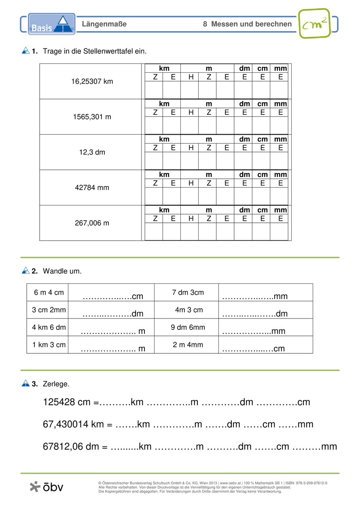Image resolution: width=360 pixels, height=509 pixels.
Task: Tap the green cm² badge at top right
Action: click(314, 23)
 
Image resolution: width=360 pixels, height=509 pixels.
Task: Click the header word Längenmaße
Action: click(104, 24)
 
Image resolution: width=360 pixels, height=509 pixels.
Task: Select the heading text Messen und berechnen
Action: click(251, 24)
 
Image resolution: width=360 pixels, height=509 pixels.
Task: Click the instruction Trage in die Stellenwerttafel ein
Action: click(94, 51)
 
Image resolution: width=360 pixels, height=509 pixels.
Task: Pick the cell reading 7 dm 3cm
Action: click(188, 292)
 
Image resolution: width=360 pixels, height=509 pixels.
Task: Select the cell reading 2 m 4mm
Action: click(188, 345)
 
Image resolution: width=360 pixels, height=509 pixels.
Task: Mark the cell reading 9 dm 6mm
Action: click(188, 327)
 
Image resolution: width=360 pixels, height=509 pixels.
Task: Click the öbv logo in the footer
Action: click(47, 487)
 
